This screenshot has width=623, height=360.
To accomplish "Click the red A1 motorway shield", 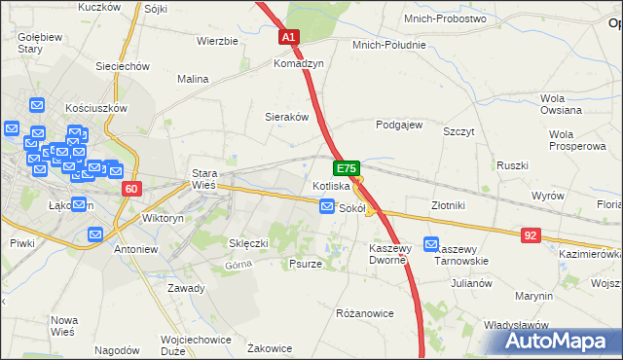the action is coord(289,37).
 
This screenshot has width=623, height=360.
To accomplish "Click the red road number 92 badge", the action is coord(531,234).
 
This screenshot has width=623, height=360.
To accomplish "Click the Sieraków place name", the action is coord(287,117).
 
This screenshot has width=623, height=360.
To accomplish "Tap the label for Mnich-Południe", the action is coord(389,45).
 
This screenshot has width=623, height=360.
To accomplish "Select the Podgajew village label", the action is coord(399,125).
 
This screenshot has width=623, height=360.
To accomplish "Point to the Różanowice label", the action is coord(364,313).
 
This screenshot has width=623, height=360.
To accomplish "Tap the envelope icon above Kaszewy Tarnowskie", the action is coord(431,245).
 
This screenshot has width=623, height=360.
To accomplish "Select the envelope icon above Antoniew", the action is coord(95,234).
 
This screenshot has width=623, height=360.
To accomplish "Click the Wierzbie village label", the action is coord(217,41).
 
